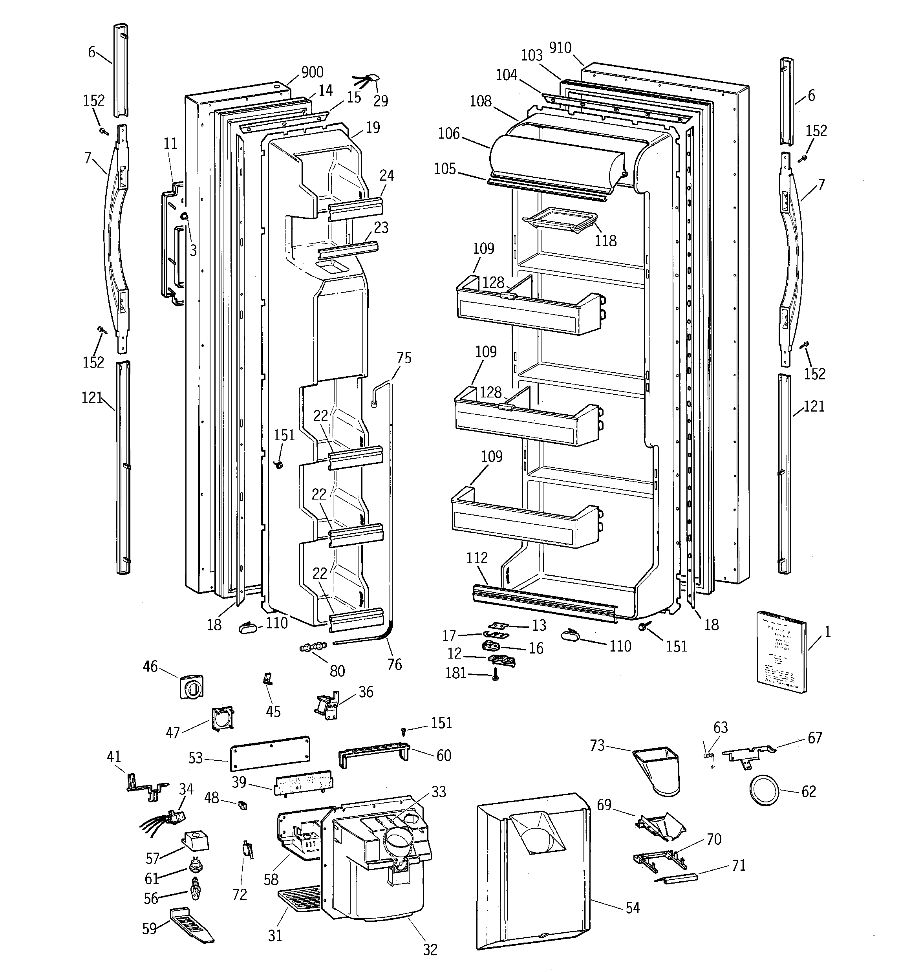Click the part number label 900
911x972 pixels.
pos(312,72)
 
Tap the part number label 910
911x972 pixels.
pos(560,48)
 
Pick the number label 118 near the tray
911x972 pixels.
pos(606,241)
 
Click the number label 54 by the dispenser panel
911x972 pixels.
pos(632,908)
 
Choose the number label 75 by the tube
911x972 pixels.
pos(404,358)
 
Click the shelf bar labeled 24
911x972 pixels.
pos(355,208)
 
